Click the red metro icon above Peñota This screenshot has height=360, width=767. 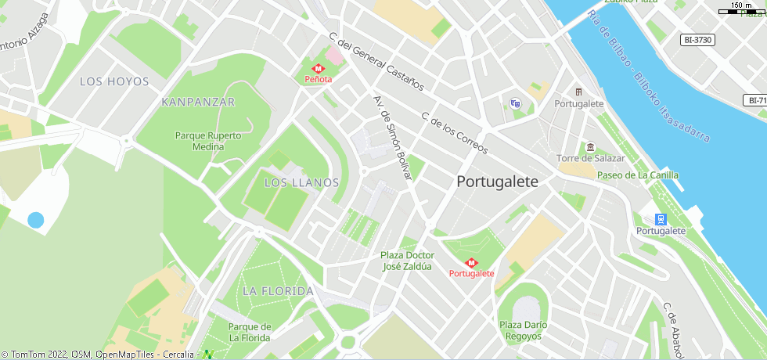click(319, 68)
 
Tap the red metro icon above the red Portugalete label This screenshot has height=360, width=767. click(471, 263)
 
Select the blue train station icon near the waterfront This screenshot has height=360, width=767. click(661, 219)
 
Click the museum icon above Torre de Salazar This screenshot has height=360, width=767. click(590, 148)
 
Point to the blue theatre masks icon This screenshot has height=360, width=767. click(514, 103)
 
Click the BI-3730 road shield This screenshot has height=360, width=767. click(698, 40)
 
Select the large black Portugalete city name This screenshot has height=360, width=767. click(497, 182)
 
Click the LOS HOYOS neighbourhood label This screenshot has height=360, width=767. click(114, 81)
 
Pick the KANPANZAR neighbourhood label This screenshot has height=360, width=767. click(198, 102)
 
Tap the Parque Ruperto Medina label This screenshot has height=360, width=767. click(208, 141)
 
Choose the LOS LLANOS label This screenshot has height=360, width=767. click(301, 182)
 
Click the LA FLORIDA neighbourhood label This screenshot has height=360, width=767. click(278, 290)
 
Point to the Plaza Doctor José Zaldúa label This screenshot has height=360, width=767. click(407, 261)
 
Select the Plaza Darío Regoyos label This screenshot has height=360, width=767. click(524, 330)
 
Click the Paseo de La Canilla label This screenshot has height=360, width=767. click(638, 175)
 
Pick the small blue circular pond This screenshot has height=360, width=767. click(35, 220)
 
